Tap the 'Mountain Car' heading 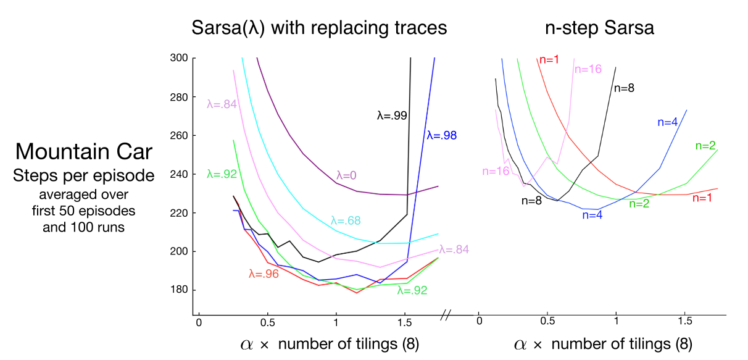[84, 151]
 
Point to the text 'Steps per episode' [84, 176]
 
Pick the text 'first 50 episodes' [84, 210]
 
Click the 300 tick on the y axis [179, 58]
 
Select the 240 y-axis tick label [179, 174]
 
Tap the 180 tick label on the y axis [179, 290]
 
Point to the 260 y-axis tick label [179, 135]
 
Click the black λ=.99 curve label [392, 115]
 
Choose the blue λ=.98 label [441, 135]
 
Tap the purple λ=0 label [347, 175]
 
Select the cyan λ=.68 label [346, 220]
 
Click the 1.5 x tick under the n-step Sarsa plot [684, 322]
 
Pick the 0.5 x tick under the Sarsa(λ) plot [267, 322]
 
